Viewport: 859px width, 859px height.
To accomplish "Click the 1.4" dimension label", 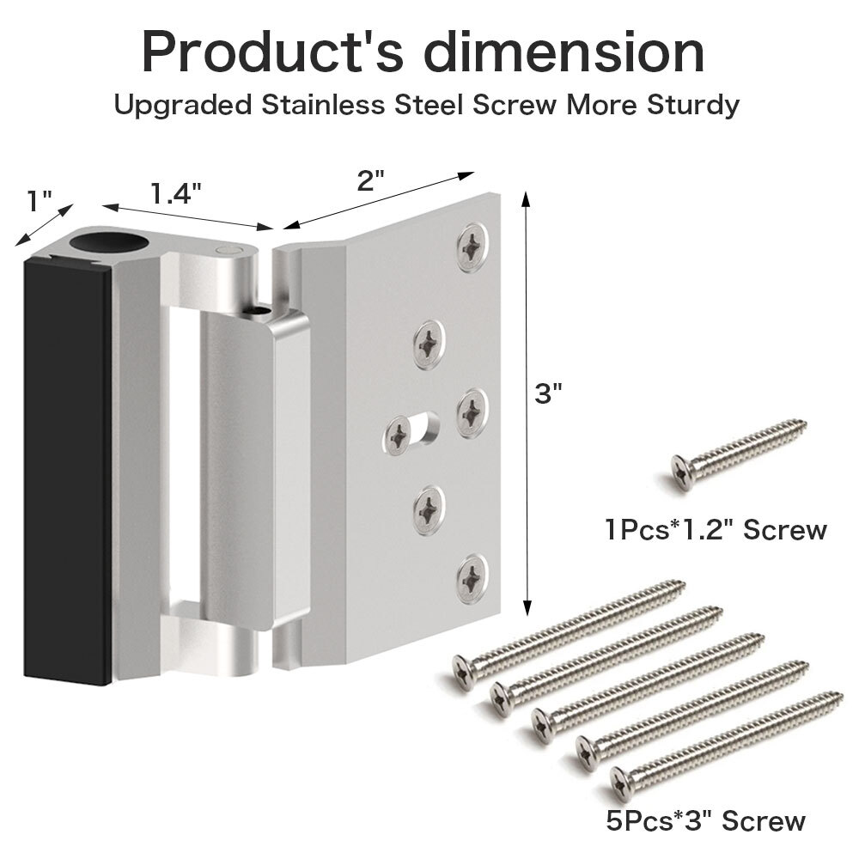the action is [176, 193].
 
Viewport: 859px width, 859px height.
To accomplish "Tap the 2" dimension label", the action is [371, 180].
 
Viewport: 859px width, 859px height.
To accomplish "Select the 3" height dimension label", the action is [548, 393].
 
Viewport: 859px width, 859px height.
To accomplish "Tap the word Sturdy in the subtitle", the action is [693, 105].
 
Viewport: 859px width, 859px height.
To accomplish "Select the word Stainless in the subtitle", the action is [323, 105].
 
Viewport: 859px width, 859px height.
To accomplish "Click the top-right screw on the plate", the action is [472, 247].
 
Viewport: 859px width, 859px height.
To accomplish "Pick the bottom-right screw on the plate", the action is [472, 578].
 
